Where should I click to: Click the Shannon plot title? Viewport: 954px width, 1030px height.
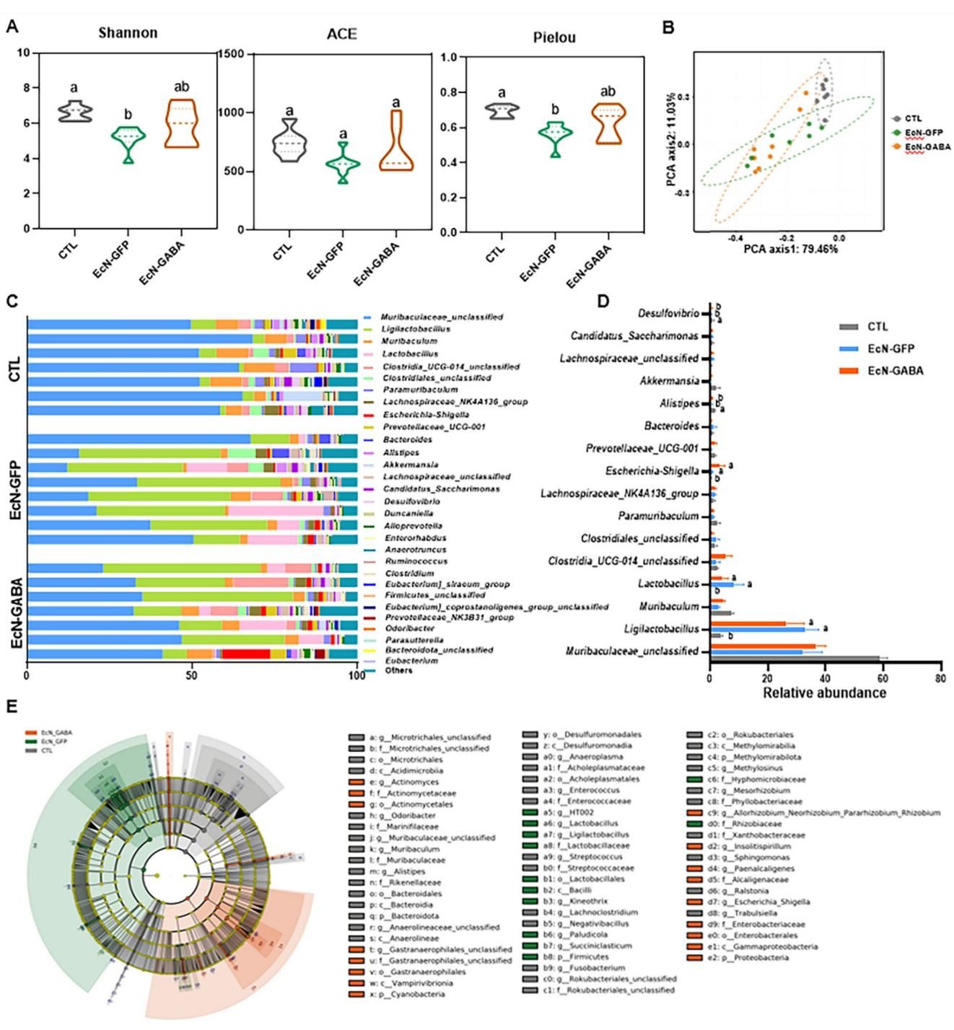click(128, 33)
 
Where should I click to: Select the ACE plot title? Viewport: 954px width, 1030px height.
click(341, 35)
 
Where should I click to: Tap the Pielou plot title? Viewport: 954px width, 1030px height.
click(554, 38)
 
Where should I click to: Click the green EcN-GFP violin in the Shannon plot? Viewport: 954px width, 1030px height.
click(128, 137)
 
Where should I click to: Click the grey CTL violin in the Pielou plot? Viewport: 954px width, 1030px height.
click(502, 111)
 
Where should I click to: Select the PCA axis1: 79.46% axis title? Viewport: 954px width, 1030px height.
click(791, 249)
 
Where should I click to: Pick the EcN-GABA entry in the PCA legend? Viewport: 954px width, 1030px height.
click(927, 146)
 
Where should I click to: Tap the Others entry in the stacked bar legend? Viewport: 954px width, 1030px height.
click(398, 671)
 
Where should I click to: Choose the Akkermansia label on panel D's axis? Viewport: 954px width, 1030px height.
click(669, 381)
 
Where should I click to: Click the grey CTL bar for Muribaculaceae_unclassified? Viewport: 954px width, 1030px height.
click(795, 658)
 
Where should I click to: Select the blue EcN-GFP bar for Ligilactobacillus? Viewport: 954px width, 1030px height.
click(757, 629)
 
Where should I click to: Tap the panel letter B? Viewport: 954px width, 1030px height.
click(668, 28)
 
